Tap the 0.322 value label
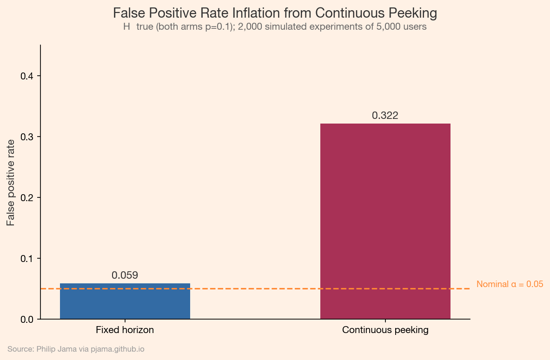pos(385,116)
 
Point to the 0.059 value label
pos(125,275)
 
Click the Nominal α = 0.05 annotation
pos(510,284)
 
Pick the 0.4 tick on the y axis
pos(27,76)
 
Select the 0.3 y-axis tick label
pos(27,137)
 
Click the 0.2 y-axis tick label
pos(27,198)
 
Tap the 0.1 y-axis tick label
pos(27,259)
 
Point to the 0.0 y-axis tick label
pos(27,320)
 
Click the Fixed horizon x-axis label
pos(125,330)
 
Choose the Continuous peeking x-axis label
pos(385,330)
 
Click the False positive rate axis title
pos(11,182)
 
